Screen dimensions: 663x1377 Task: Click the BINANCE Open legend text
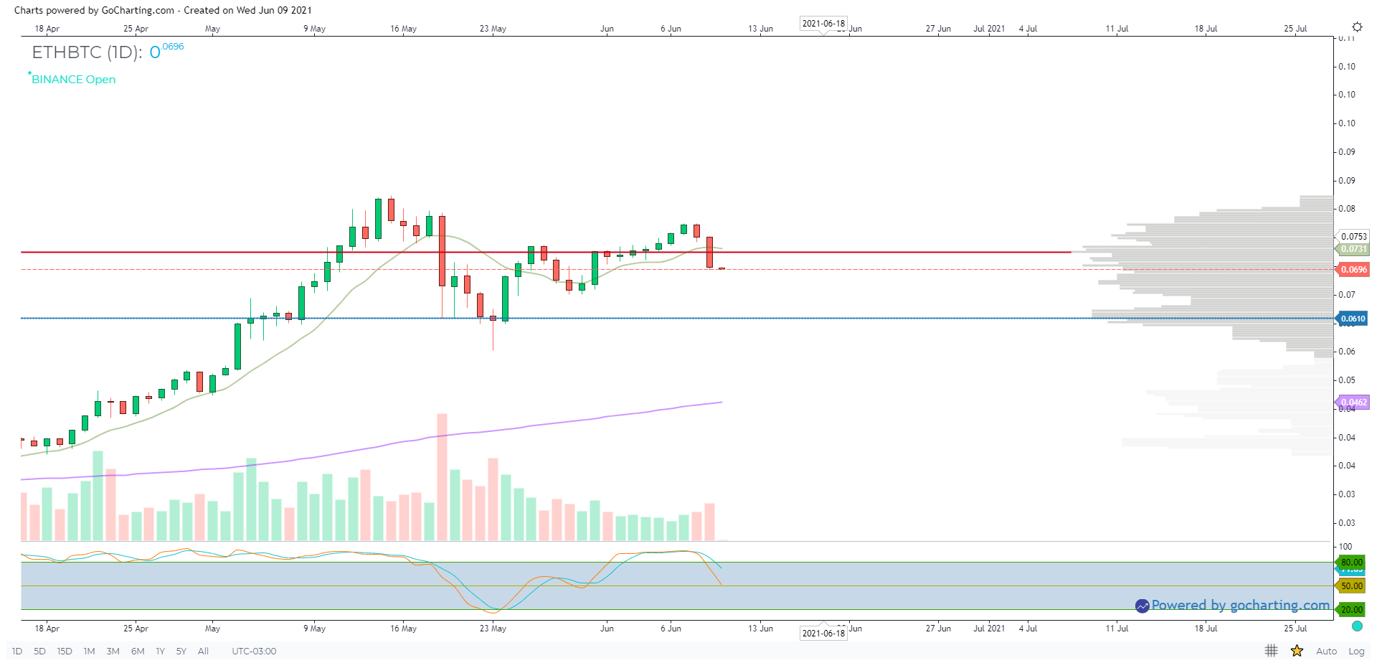pyautogui.click(x=73, y=80)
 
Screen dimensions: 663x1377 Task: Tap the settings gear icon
pyautogui.click(x=1357, y=27)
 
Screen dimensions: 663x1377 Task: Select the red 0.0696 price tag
pyautogui.click(x=1353, y=270)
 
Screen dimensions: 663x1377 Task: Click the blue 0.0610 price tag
pyautogui.click(x=1353, y=319)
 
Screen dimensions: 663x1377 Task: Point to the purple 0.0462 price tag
pyautogui.click(x=1353, y=403)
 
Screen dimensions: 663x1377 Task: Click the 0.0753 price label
pyautogui.click(x=1353, y=237)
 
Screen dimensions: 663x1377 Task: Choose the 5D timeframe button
pyautogui.click(x=39, y=652)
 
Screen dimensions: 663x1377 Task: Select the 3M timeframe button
pyautogui.click(x=113, y=652)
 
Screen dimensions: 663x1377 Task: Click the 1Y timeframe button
pyautogui.click(x=160, y=652)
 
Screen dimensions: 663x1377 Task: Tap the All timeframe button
pyautogui.click(x=203, y=652)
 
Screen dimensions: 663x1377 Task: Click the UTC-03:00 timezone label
pyautogui.click(x=254, y=652)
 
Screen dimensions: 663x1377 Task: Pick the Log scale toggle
pyautogui.click(x=1356, y=652)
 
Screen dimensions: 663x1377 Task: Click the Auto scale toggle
pyautogui.click(x=1326, y=652)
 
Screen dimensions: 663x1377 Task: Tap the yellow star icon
pyautogui.click(x=1297, y=651)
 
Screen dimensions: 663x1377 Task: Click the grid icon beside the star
pyautogui.click(x=1271, y=651)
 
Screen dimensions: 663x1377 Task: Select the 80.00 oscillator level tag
pyautogui.click(x=1352, y=563)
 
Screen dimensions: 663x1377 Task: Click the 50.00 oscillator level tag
pyautogui.click(x=1352, y=586)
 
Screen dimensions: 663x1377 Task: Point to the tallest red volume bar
pyautogui.click(x=442, y=477)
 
